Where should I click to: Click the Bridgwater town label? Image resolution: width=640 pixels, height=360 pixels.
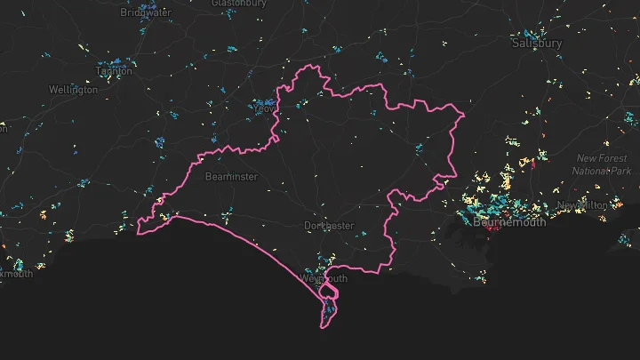click(147, 13)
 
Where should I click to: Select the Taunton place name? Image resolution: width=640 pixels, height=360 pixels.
click(113, 71)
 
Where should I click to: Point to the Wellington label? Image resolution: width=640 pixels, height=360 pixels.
click(73, 90)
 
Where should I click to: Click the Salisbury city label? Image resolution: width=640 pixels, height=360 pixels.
click(537, 42)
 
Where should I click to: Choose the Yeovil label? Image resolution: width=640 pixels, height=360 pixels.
click(265, 108)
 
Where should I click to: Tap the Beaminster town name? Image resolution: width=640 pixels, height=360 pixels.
click(231, 177)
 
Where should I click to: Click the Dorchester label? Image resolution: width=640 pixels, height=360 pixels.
click(329, 226)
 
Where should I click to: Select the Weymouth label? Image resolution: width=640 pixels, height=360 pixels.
click(324, 278)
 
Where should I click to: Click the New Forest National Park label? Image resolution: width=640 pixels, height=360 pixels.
click(600, 164)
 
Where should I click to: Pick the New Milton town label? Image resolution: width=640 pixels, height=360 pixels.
click(582, 205)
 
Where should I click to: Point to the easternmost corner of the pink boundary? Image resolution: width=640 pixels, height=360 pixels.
click(466, 114)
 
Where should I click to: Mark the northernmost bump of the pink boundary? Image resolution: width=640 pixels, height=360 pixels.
click(308, 68)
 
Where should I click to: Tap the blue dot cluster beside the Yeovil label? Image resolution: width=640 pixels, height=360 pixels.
click(263, 104)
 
